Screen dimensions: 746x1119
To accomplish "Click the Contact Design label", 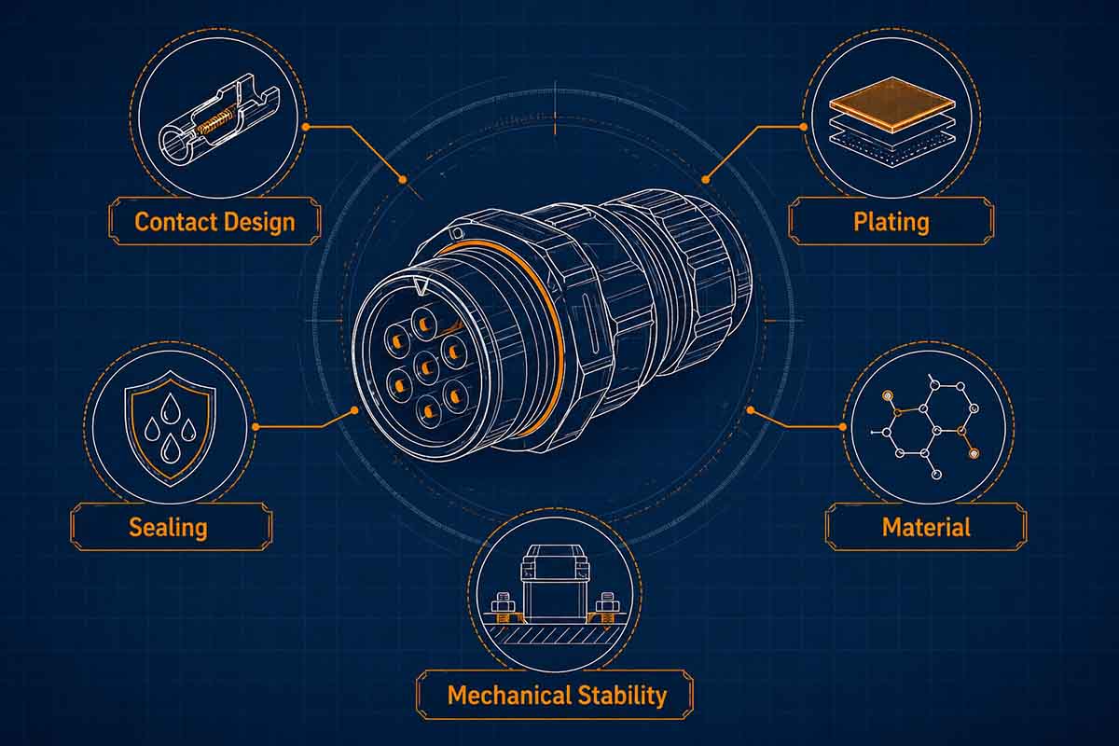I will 214,222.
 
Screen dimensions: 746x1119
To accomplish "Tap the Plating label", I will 891,222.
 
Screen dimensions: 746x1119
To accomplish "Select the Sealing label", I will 168,527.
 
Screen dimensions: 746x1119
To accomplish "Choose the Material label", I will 926,527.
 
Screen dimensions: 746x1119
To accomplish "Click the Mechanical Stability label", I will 557,695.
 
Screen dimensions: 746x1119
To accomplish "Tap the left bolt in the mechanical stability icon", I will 503,606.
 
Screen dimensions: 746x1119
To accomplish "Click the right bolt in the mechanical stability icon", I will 607,606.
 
